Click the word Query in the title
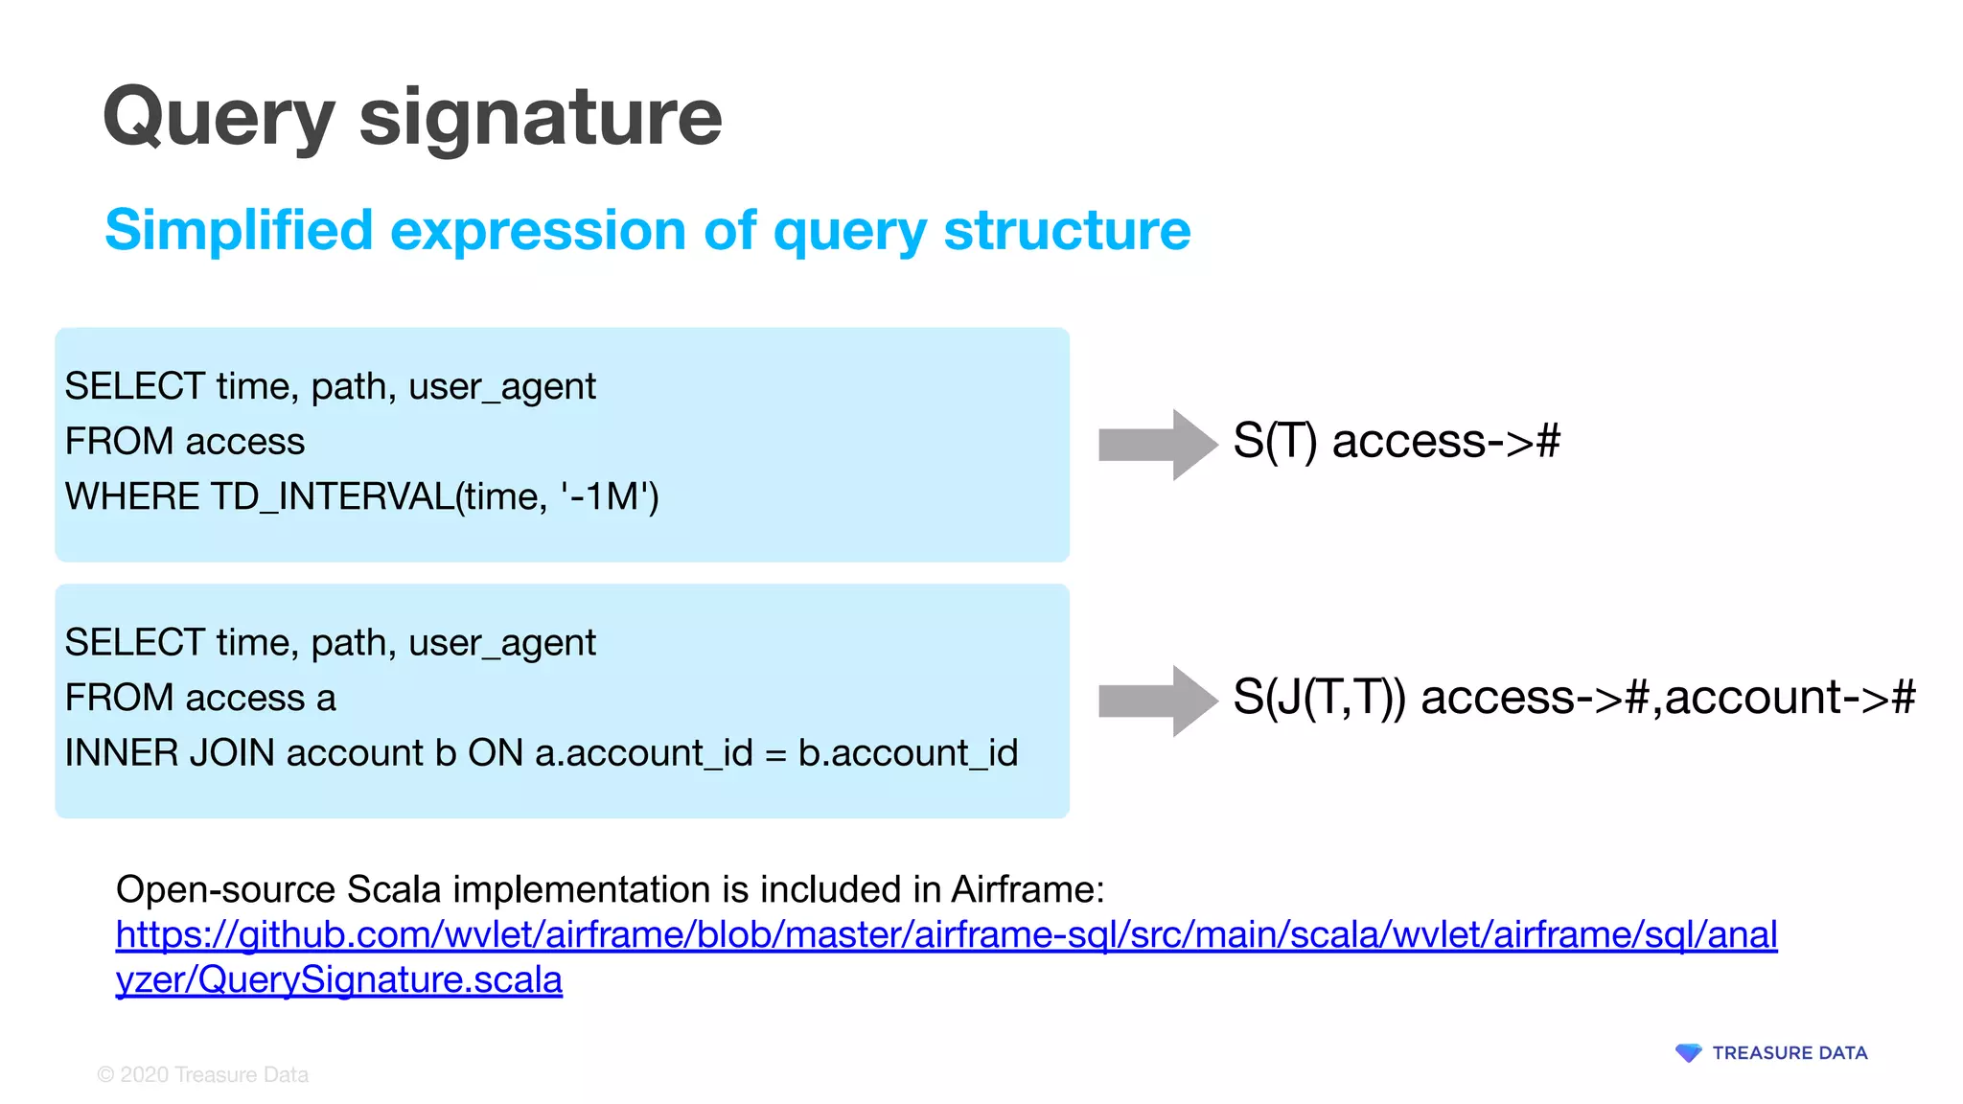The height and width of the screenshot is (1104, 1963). pyautogui.click(x=219, y=118)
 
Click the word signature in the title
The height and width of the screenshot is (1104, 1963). pyautogui.click(x=540, y=118)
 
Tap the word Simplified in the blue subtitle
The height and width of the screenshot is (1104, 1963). pyautogui.click(x=239, y=231)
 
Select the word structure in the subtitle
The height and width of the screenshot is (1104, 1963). pyautogui.click(x=1067, y=231)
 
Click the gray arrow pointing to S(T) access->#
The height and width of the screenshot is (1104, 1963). pyautogui.click(x=1157, y=444)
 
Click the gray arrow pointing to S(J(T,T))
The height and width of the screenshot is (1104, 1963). pyautogui.click(x=1157, y=701)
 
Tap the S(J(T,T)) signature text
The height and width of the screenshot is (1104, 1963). pyautogui.click(x=1318, y=697)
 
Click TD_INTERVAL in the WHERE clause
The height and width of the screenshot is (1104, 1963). pyautogui.click(x=332, y=496)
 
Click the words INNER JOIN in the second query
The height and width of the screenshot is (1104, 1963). pyautogui.click(x=170, y=753)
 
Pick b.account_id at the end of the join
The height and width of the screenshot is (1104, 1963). pyautogui.click(x=907, y=753)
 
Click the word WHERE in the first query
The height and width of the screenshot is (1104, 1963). pyautogui.click(x=132, y=496)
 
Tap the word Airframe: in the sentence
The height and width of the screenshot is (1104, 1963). pyautogui.click(x=1028, y=889)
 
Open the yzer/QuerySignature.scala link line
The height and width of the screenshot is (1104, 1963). pyautogui.click(x=338, y=979)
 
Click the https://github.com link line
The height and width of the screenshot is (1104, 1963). pyautogui.click(x=945, y=934)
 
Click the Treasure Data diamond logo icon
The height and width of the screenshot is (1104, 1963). pyautogui.click(x=1688, y=1053)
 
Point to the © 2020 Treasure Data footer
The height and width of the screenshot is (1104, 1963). pyautogui.click(x=203, y=1075)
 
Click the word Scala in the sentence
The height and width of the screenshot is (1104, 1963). pyautogui.click(x=393, y=889)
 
